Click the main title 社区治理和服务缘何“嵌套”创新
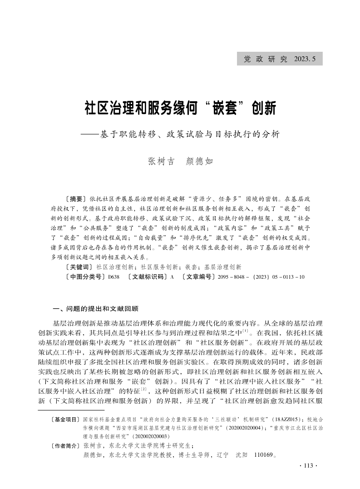pos(180,109)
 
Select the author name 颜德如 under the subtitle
pos(199,162)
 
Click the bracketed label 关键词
pos(79,267)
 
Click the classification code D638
pos(113,276)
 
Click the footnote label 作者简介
pos(65,445)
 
